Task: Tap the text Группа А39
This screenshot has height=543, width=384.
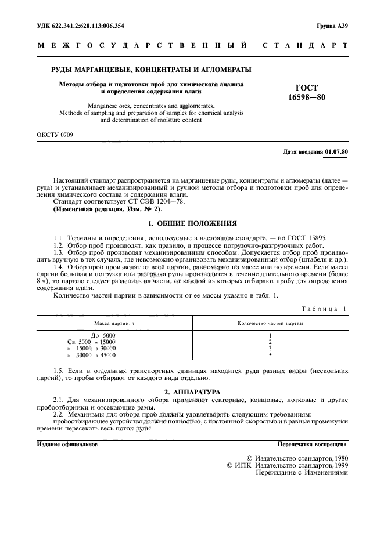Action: pos(332,26)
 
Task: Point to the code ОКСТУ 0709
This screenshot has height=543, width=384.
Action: pos(55,135)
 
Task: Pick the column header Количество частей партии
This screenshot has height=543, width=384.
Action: pos(270,323)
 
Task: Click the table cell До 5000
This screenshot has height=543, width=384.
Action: pos(103,336)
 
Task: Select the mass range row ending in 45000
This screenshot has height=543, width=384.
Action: pos(92,355)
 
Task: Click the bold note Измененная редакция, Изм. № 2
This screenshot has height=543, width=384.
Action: pos(96,208)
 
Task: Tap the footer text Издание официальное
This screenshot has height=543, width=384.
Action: pos(67,444)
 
